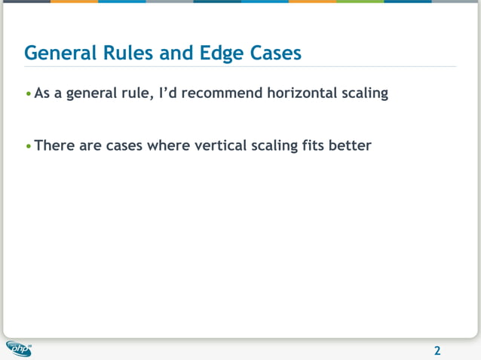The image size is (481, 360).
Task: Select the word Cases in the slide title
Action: [x=274, y=53]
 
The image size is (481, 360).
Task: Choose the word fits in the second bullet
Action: [x=311, y=145]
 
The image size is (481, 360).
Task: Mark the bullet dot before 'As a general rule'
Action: [x=29, y=95]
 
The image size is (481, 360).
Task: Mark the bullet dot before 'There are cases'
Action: [x=29, y=146]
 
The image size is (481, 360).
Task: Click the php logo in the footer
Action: [x=19, y=348]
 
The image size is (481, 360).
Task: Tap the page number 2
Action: [x=437, y=351]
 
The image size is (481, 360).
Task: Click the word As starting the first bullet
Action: [x=42, y=94]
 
